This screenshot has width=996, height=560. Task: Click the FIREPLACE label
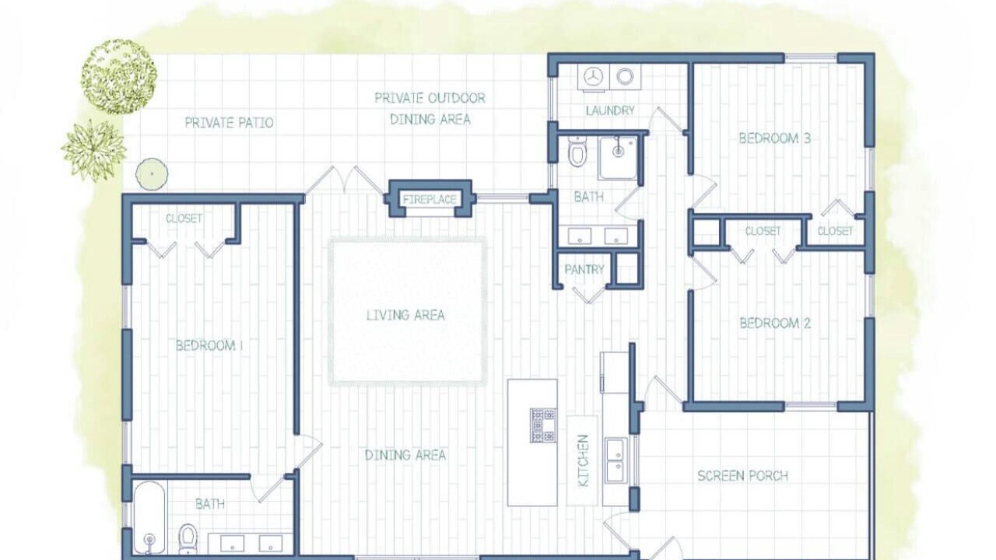pos(430,199)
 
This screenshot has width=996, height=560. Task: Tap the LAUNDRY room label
pos(610,110)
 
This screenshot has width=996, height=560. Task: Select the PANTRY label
pos(584,269)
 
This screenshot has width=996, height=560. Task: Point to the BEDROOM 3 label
pos(774,138)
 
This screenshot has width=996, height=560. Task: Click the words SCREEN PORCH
pos(742,476)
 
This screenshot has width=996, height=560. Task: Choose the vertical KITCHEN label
pos(583,460)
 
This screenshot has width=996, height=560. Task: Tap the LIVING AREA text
pos(405,315)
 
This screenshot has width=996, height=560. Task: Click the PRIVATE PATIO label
pos(229,123)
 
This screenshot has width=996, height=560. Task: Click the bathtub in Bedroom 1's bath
pos(149,519)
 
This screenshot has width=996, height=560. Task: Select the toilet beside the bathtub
pos(188,539)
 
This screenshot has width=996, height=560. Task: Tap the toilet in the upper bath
pos(577,151)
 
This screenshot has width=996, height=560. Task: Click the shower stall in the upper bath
pos(618,158)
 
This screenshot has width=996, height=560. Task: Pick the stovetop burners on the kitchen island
pos(543,425)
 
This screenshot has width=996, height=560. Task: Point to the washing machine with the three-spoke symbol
pos(593,77)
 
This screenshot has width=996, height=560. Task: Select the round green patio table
pos(152,173)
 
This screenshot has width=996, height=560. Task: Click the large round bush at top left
pos(118,76)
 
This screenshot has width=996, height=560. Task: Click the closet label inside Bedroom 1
pos(184,219)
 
